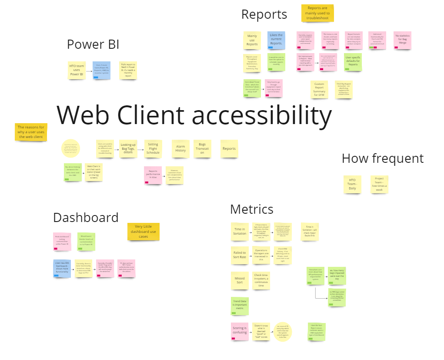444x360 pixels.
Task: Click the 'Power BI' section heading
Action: click(93, 44)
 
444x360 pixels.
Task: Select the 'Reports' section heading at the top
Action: click(264, 14)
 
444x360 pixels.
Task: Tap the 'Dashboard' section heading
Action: click(86, 217)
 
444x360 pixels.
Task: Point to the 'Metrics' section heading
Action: click(251, 209)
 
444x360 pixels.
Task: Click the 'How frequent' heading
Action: click(382, 158)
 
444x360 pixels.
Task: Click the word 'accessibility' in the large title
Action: click(262, 116)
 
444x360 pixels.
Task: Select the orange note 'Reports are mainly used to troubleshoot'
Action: click(317, 13)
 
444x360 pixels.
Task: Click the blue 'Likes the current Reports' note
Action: click(276, 40)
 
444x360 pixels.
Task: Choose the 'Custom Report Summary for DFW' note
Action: click(319, 89)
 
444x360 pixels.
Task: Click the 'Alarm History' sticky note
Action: click(180, 148)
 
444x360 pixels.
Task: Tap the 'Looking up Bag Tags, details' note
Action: click(128, 148)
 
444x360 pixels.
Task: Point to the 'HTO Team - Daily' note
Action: click(352, 185)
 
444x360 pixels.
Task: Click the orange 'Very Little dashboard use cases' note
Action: click(144, 231)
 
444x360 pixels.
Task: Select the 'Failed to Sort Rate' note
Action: click(240, 255)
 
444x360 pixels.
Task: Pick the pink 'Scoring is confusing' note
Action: click(240, 331)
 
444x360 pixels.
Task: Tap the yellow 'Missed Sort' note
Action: click(240, 280)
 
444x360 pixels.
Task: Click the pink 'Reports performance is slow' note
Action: click(153, 175)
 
